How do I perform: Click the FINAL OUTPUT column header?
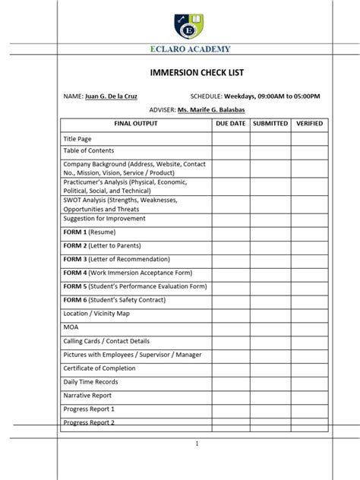[136, 123]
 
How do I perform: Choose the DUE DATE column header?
[231, 123]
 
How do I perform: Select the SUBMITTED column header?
[270, 123]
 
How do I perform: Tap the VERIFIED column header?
[309, 123]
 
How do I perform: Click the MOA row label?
[71, 327]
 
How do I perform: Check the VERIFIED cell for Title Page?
[309, 140]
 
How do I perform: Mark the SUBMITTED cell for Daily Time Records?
[270, 382]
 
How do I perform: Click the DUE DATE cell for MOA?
[231, 327]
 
